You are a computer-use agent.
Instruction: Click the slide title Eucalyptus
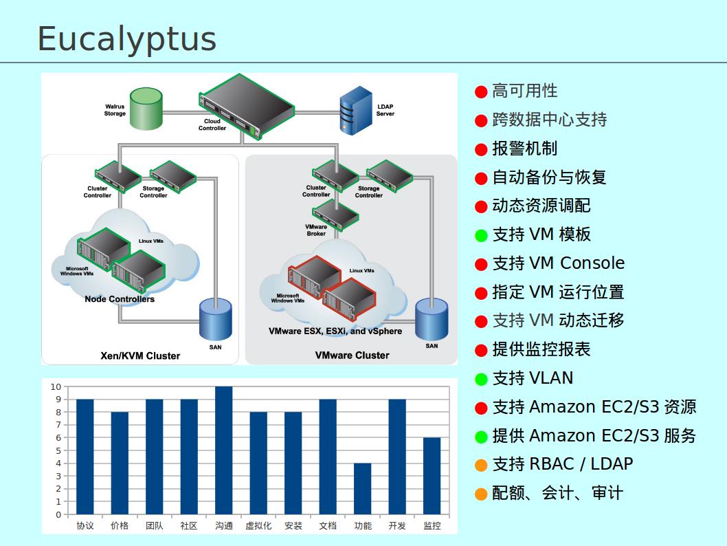[x=126, y=39]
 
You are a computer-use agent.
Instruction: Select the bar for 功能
[x=363, y=488]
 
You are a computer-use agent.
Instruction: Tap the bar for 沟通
[x=224, y=450]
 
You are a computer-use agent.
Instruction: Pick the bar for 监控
[x=432, y=476]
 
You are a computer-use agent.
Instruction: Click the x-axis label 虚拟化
[x=258, y=526]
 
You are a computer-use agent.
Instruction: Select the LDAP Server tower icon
[x=356, y=110]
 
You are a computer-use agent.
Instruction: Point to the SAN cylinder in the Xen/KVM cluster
[x=215, y=319]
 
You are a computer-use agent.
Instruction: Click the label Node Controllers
[x=120, y=299]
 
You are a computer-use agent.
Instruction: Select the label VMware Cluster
[x=352, y=356]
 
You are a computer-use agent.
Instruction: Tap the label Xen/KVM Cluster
[x=140, y=356]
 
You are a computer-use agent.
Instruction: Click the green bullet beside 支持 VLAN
[x=481, y=379]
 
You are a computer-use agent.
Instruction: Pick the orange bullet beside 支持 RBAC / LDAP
[x=481, y=465]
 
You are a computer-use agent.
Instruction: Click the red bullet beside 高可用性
[x=481, y=91]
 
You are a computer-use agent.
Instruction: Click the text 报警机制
[x=524, y=149]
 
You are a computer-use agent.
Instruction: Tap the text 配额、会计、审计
[x=557, y=493]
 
